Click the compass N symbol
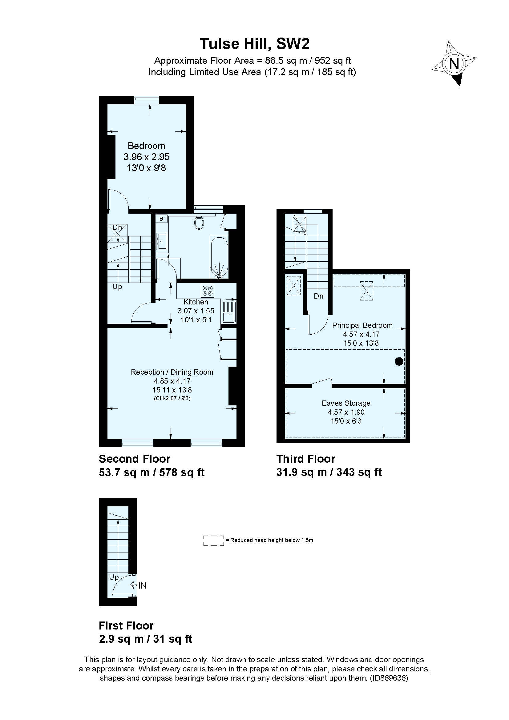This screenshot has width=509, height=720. (454, 64)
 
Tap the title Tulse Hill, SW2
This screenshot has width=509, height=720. (254, 44)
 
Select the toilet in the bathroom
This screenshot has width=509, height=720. (199, 223)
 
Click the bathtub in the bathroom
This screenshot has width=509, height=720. (219, 257)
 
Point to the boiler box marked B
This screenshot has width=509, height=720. (162, 219)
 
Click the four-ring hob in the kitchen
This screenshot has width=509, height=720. (207, 291)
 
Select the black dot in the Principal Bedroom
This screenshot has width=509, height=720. (399, 362)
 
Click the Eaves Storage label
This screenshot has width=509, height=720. (346, 403)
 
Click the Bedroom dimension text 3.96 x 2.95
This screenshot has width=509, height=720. (147, 157)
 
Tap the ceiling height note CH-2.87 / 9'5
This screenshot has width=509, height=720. (172, 399)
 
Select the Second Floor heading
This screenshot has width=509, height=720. (134, 459)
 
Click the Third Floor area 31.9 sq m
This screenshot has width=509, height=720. (301, 472)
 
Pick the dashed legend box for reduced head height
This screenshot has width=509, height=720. (214, 541)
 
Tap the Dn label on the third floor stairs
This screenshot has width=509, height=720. (319, 296)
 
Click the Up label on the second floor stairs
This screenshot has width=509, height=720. (117, 287)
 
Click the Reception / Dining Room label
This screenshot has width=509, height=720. (172, 372)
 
